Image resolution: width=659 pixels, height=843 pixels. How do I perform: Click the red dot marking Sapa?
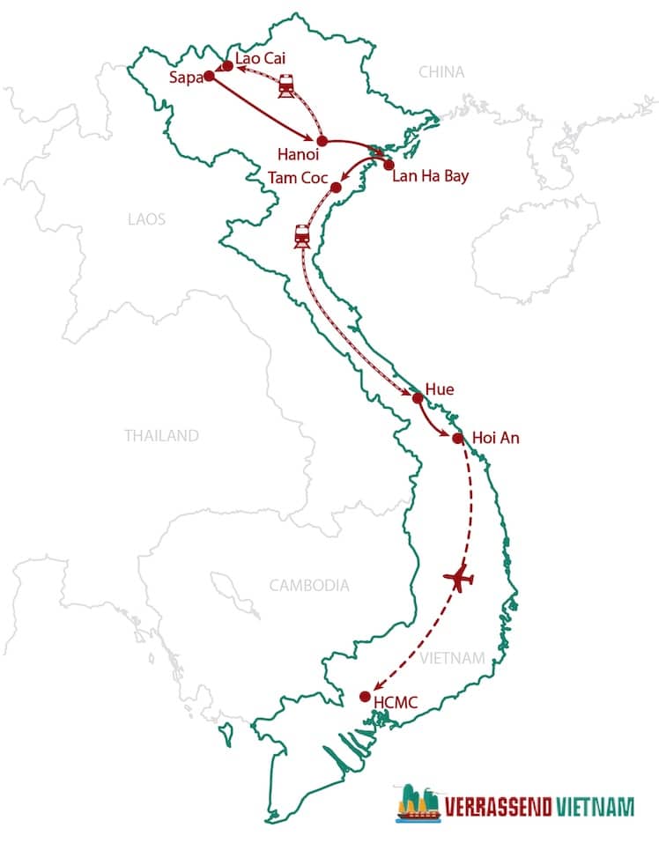pos(209,76)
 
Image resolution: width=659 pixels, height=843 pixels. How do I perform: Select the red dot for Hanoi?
pos(322,141)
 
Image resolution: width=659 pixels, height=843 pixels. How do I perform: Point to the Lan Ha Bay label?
pos(431,175)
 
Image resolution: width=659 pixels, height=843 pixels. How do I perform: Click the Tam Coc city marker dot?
pos(336,188)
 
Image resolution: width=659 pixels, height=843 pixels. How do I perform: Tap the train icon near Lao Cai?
pos(286,86)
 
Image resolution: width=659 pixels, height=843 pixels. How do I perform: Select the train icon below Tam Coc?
pos(302,235)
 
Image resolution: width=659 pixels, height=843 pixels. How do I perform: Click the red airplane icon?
pos(459,579)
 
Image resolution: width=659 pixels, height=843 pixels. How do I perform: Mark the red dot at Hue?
pos(418,398)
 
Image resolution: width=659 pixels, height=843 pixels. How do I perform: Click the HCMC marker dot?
pos(365,697)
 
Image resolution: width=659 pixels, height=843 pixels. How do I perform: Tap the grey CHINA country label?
pos(441,72)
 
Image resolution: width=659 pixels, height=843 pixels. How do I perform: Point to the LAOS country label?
pos(146,218)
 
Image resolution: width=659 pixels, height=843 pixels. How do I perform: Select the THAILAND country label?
pos(161,435)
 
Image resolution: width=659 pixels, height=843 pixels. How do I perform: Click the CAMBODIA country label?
pos(309,585)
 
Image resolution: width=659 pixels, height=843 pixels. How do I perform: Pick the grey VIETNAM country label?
pos(453,658)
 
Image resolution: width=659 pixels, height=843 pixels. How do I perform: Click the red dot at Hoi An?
pos(457,438)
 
